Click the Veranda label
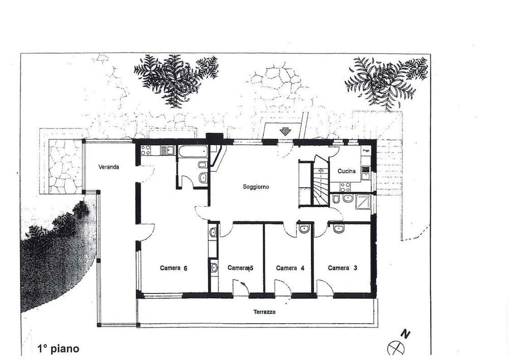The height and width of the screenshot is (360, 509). pyautogui.click(x=109, y=167)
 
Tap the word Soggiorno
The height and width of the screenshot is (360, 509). pyautogui.click(x=256, y=187)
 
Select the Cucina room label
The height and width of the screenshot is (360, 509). pyautogui.click(x=346, y=171)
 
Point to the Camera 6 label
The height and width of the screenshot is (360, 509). pyautogui.click(x=174, y=268)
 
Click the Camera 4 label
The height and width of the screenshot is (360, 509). pyautogui.click(x=290, y=268)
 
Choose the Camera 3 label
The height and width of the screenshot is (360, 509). pyautogui.click(x=343, y=268)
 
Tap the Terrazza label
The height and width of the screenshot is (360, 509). pyautogui.click(x=265, y=312)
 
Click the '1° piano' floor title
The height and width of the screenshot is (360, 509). pyautogui.click(x=59, y=349)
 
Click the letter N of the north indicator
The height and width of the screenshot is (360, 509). pyautogui.click(x=405, y=334)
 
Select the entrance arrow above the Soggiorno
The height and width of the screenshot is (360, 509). pyautogui.click(x=286, y=131)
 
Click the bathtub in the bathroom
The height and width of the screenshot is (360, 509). pyautogui.click(x=193, y=150)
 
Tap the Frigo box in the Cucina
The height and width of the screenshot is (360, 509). pyautogui.click(x=366, y=150)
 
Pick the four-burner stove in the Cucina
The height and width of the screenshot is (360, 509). pyautogui.click(x=345, y=187)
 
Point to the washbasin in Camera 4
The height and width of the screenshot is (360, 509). pyautogui.click(x=304, y=228)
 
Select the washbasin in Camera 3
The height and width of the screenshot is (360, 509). pyautogui.click(x=338, y=228)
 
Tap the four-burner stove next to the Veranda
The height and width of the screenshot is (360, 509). pyautogui.click(x=146, y=150)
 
